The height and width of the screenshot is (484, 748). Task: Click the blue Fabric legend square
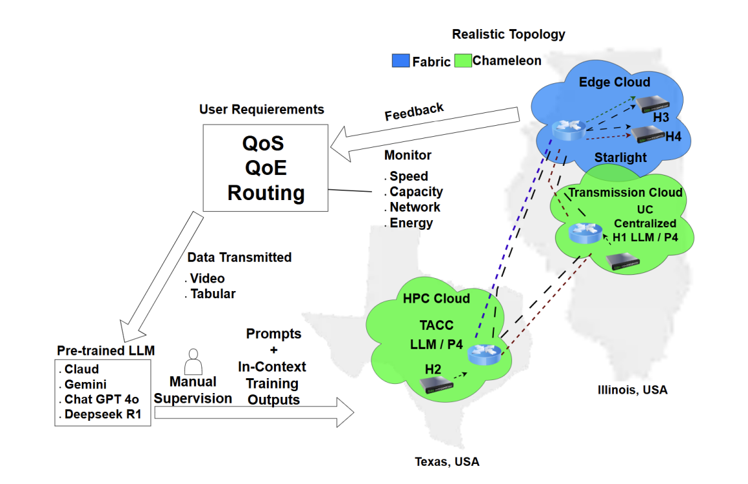tap(400, 61)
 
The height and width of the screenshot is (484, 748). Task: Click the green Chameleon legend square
tap(463, 61)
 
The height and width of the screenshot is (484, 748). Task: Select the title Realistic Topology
tap(508, 34)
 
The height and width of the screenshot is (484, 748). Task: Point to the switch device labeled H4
tap(648, 134)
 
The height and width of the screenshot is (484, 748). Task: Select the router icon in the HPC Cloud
tap(483, 354)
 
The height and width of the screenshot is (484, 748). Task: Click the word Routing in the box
tap(266, 192)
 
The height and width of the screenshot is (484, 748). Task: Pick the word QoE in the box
tap(266, 168)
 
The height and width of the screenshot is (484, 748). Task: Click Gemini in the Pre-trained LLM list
tap(85, 385)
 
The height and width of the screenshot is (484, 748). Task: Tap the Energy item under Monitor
tap(411, 223)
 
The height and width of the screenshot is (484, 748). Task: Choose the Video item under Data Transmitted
tap(206, 278)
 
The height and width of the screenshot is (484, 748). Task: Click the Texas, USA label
tap(446, 461)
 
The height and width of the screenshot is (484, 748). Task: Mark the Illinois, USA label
tap(632, 390)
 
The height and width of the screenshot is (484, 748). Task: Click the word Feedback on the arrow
tap(414, 112)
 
